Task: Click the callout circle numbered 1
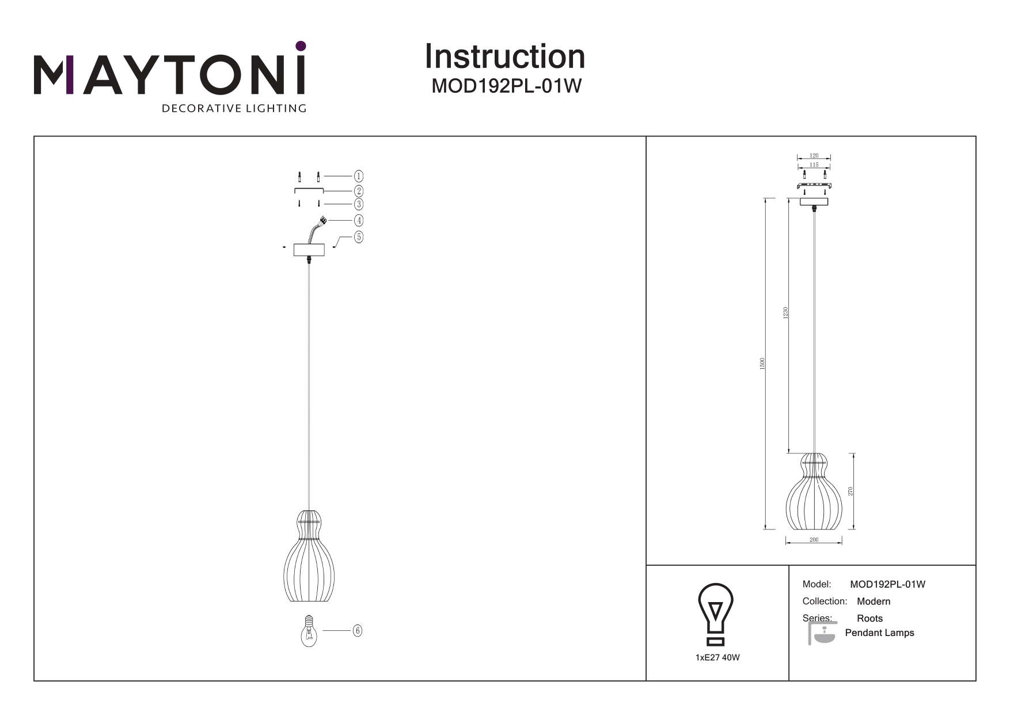pyautogui.click(x=358, y=176)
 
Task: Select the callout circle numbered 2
pyautogui.click(x=358, y=191)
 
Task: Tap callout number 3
pyautogui.click(x=358, y=204)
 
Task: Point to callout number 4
pyautogui.click(x=358, y=220)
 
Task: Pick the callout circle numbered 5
pyautogui.click(x=358, y=237)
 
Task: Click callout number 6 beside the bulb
pyautogui.click(x=357, y=631)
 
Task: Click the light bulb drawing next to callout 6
pyautogui.click(x=309, y=630)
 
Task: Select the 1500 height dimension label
pyautogui.click(x=762, y=364)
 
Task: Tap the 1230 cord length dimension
pyautogui.click(x=785, y=313)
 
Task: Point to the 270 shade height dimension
pyautogui.click(x=850, y=491)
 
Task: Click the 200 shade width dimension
pyautogui.click(x=814, y=540)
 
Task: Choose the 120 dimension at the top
pyautogui.click(x=814, y=156)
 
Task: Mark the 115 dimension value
pyautogui.click(x=814, y=165)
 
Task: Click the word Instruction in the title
pyautogui.click(x=505, y=56)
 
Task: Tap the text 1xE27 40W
pyautogui.click(x=717, y=657)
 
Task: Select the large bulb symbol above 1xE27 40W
pyautogui.click(x=716, y=614)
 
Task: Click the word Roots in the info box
pyautogui.click(x=869, y=618)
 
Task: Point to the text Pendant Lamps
pyautogui.click(x=879, y=633)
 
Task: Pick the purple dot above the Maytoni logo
pyautogui.click(x=300, y=46)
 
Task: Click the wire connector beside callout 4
pyautogui.click(x=323, y=220)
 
